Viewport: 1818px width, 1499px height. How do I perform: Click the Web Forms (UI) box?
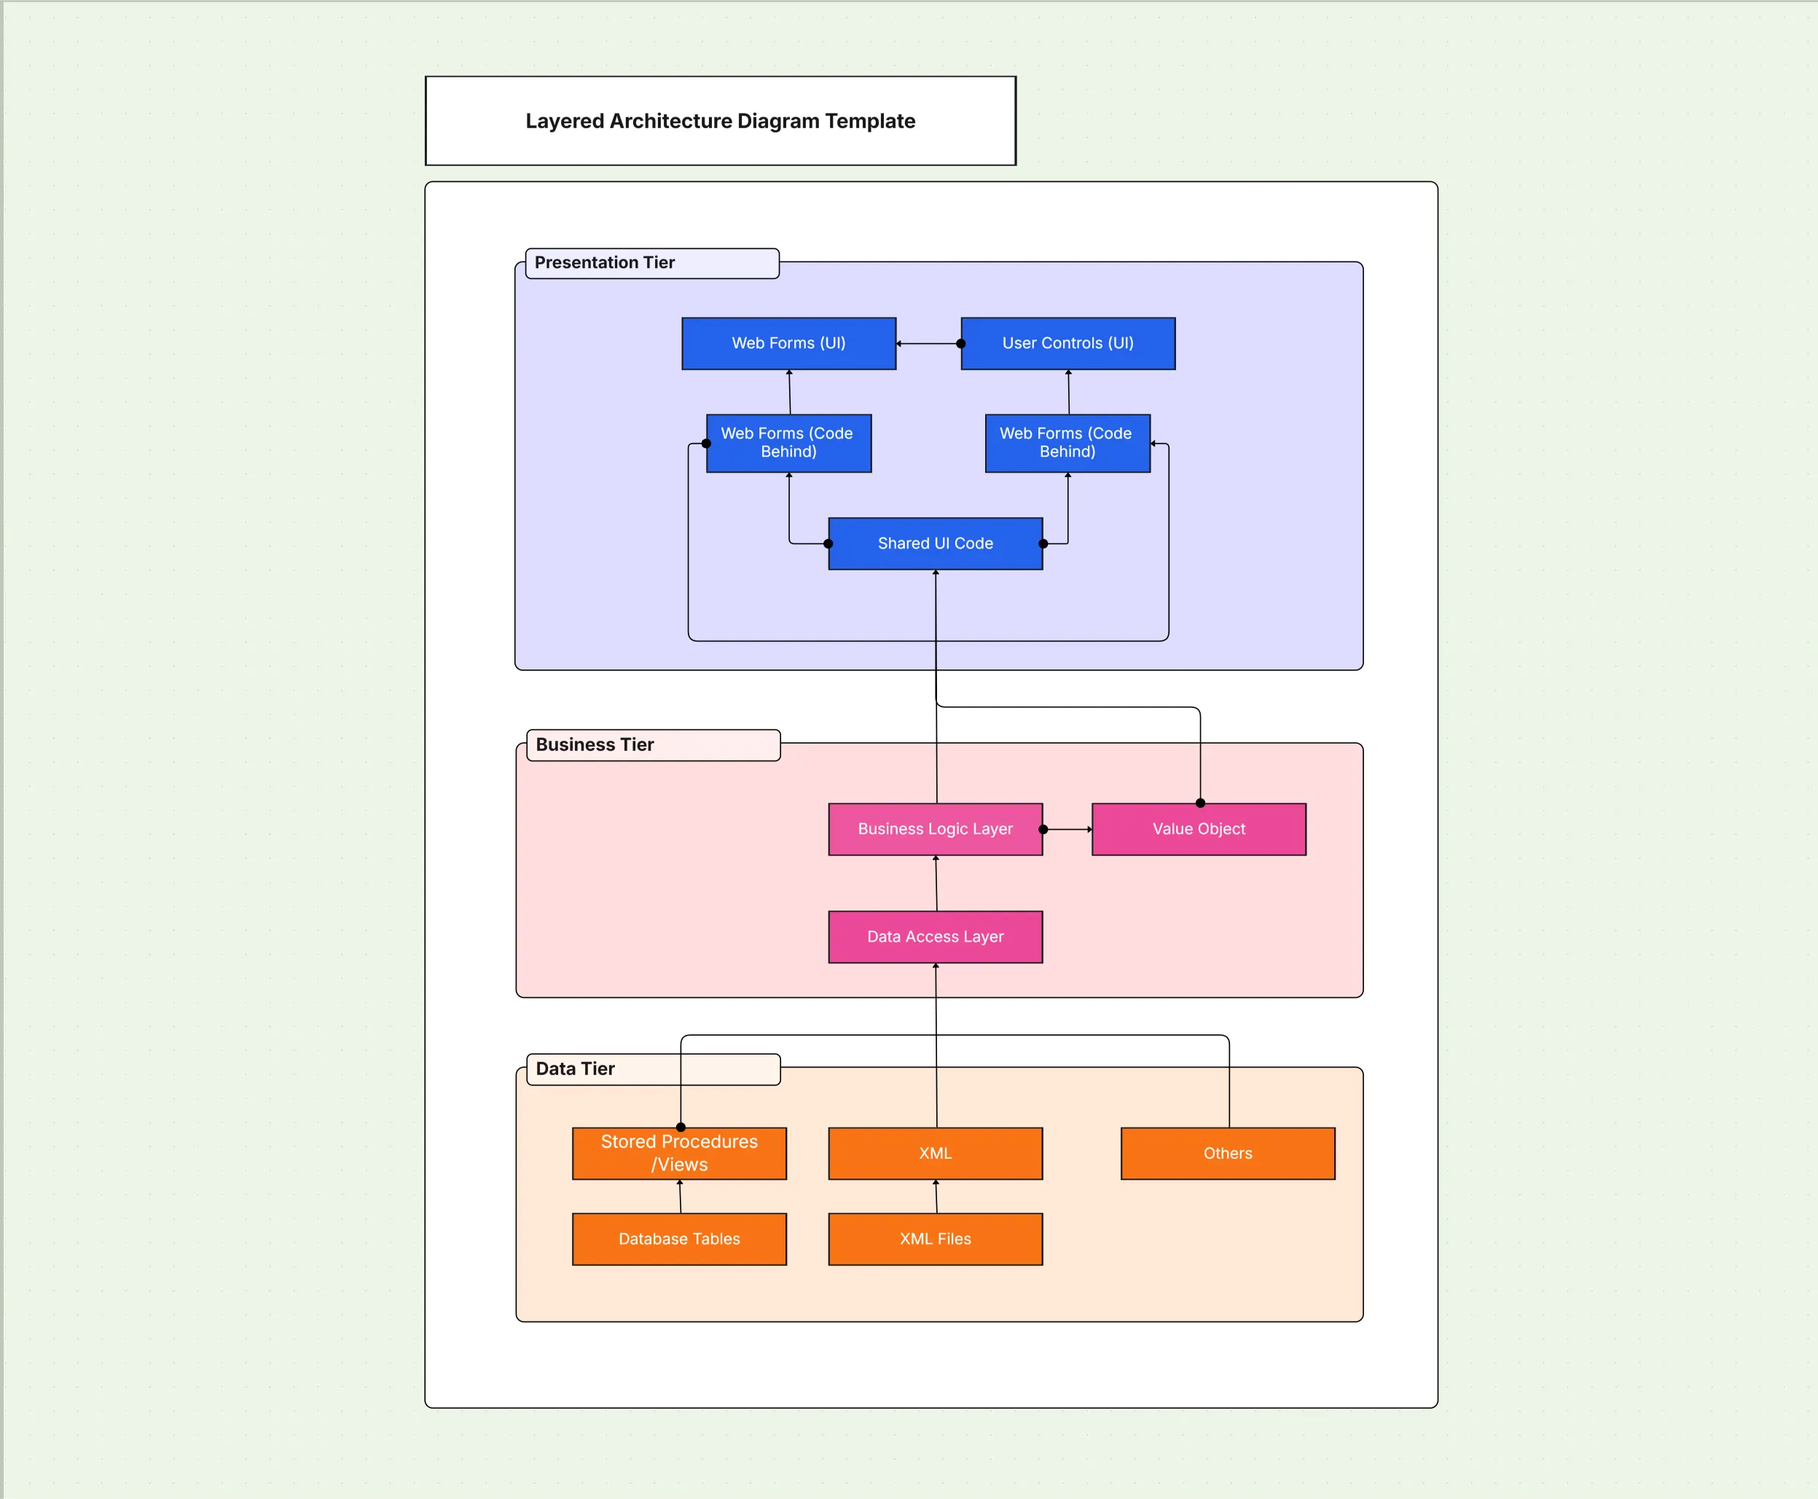(788, 344)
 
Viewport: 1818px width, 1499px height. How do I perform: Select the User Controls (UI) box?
(1067, 344)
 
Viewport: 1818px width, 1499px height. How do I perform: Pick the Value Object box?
(1198, 829)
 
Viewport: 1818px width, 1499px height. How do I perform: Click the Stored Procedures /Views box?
(679, 1154)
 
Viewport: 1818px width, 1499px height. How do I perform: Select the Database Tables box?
(679, 1239)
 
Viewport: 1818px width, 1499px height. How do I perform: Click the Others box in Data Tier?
(1227, 1154)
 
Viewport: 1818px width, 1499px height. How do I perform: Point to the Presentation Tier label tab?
(652, 262)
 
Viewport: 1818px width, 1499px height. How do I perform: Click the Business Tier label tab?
(652, 744)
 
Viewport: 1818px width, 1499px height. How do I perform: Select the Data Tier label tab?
(652, 1069)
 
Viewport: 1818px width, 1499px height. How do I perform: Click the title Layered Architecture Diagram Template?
(721, 121)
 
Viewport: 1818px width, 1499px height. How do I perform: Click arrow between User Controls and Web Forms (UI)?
(928, 344)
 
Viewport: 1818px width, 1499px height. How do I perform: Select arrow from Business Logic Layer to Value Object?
(1067, 829)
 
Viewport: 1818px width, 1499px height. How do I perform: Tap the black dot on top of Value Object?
(1199, 803)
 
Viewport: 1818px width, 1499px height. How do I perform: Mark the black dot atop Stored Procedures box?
(681, 1127)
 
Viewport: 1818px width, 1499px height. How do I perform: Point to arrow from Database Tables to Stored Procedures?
(680, 1197)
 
